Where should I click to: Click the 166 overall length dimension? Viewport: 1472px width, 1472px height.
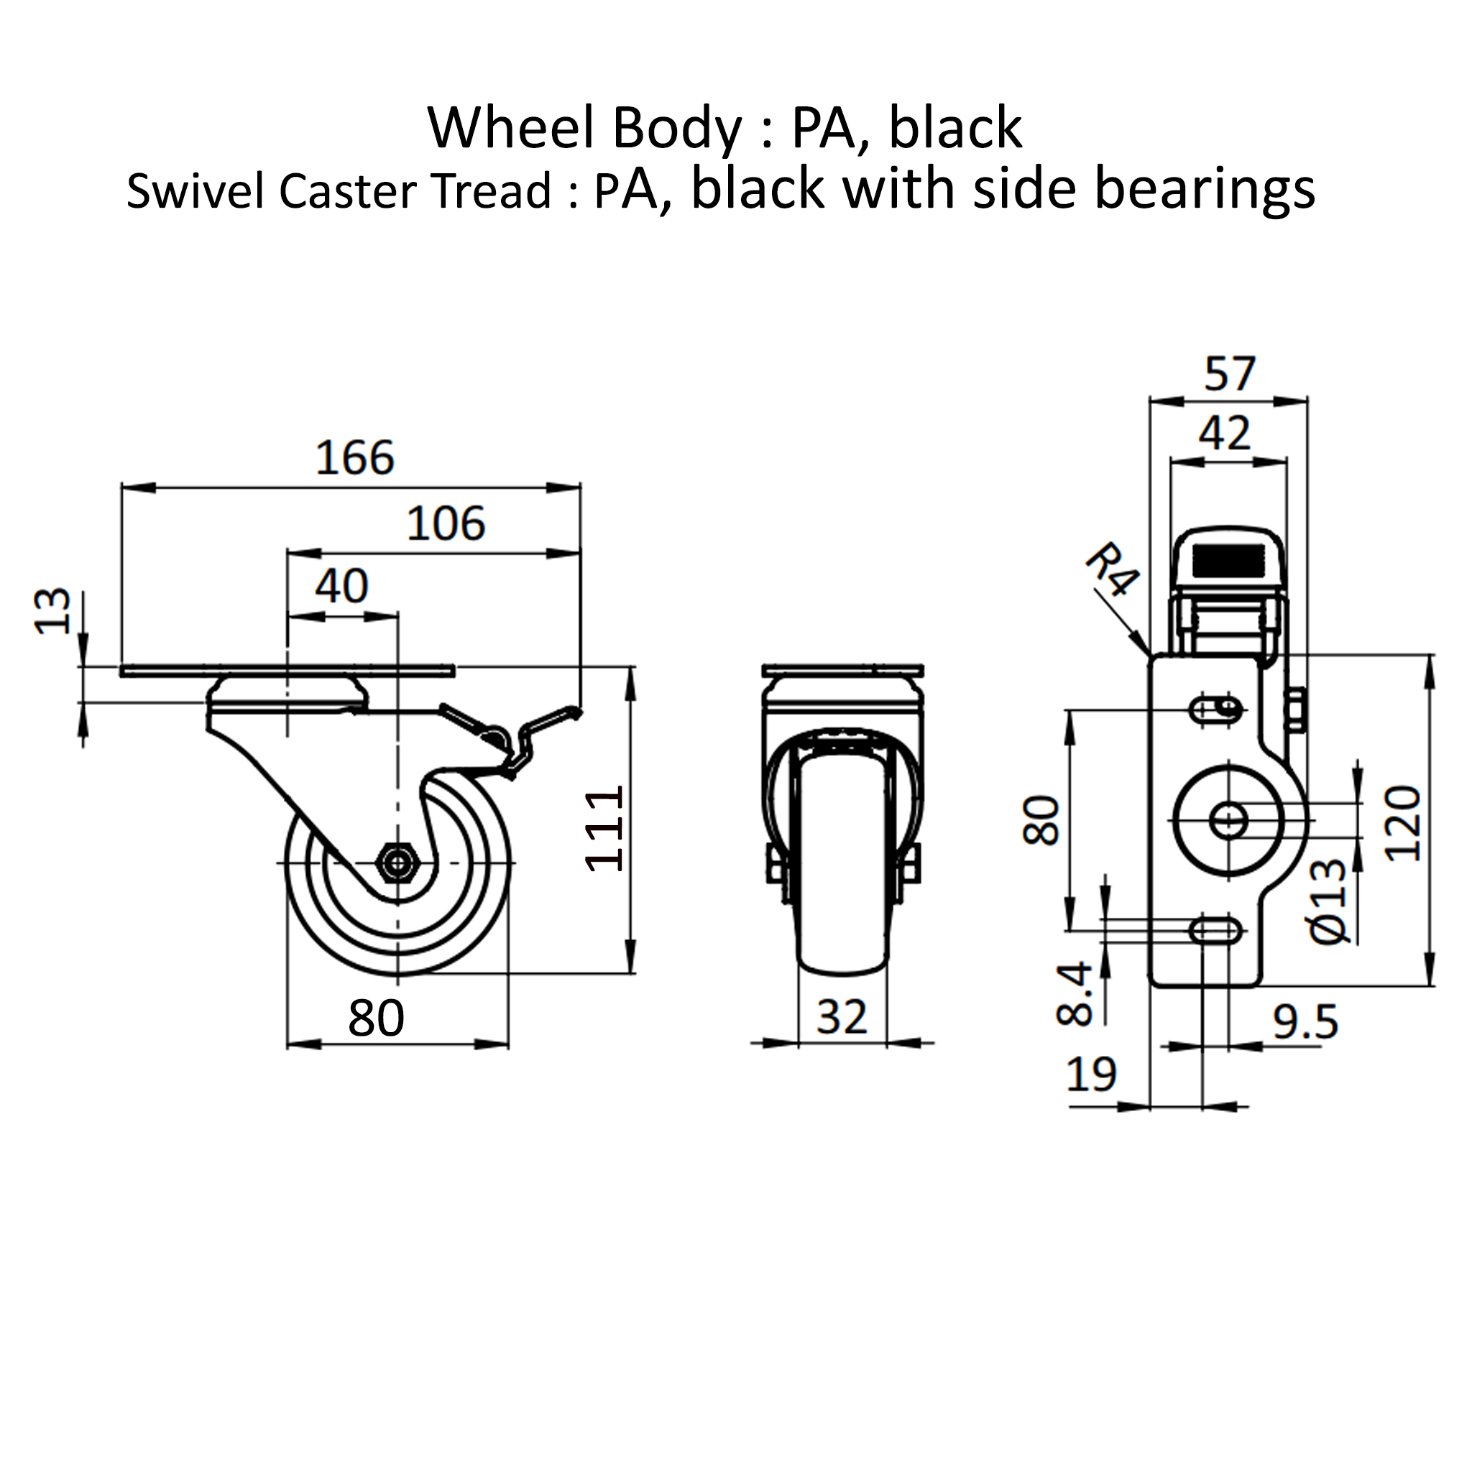355,458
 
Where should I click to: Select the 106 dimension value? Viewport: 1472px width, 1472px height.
446,524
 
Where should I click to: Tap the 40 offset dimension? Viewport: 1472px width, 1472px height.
342,586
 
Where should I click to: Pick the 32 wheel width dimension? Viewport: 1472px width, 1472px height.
842,1017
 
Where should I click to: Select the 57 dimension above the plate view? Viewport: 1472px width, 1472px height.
1230,374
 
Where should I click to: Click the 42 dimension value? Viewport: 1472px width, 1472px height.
1224,433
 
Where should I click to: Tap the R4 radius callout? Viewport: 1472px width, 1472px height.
1112,569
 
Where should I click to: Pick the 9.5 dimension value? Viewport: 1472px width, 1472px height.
1305,1023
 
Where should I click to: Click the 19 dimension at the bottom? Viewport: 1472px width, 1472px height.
1092,1075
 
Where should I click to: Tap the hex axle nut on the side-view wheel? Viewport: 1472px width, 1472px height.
396,862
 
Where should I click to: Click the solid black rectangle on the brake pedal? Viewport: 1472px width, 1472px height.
1228,561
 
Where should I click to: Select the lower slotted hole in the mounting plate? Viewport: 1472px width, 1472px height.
1216,931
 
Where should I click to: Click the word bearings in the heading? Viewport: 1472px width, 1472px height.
1205,190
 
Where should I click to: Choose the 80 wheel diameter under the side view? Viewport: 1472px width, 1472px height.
376,1017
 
